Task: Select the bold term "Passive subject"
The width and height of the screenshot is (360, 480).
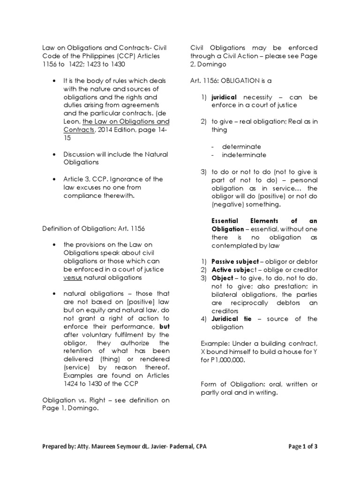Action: (x=233, y=261)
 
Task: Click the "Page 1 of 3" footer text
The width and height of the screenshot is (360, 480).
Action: (x=303, y=446)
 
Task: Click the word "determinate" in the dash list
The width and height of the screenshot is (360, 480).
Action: (x=241, y=146)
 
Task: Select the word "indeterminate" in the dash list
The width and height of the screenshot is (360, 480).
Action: (x=244, y=155)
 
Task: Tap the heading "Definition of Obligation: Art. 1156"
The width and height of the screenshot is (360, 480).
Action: (x=94, y=228)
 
